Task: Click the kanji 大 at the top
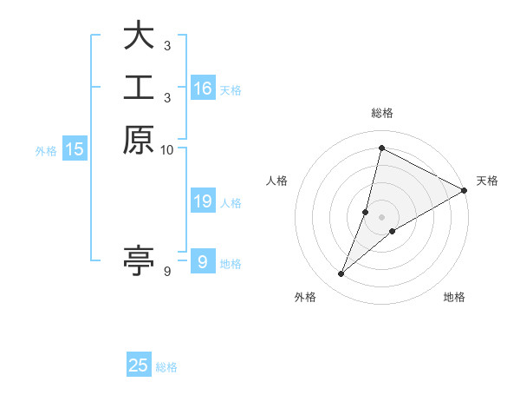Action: click(139, 36)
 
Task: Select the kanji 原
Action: click(139, 140)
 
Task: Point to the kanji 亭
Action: click(139, 260)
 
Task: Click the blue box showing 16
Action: click(203, 89)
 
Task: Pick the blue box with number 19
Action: click(203, 201)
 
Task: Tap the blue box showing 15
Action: click(75, 149)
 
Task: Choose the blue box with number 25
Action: click(139, 365)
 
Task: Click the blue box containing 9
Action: click(202, 262)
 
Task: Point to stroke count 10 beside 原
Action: click(167, 150)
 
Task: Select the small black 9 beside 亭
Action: click(167, 273)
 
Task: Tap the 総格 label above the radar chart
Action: click(382, 113)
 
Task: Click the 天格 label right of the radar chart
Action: click(487, 181)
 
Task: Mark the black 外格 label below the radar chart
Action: click(305, 297)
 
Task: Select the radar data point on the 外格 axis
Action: click(341, 274)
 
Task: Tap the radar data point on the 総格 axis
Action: click(381, 148)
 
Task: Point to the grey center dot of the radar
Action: click(381, 217)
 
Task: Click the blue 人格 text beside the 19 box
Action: click(231, 203)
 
